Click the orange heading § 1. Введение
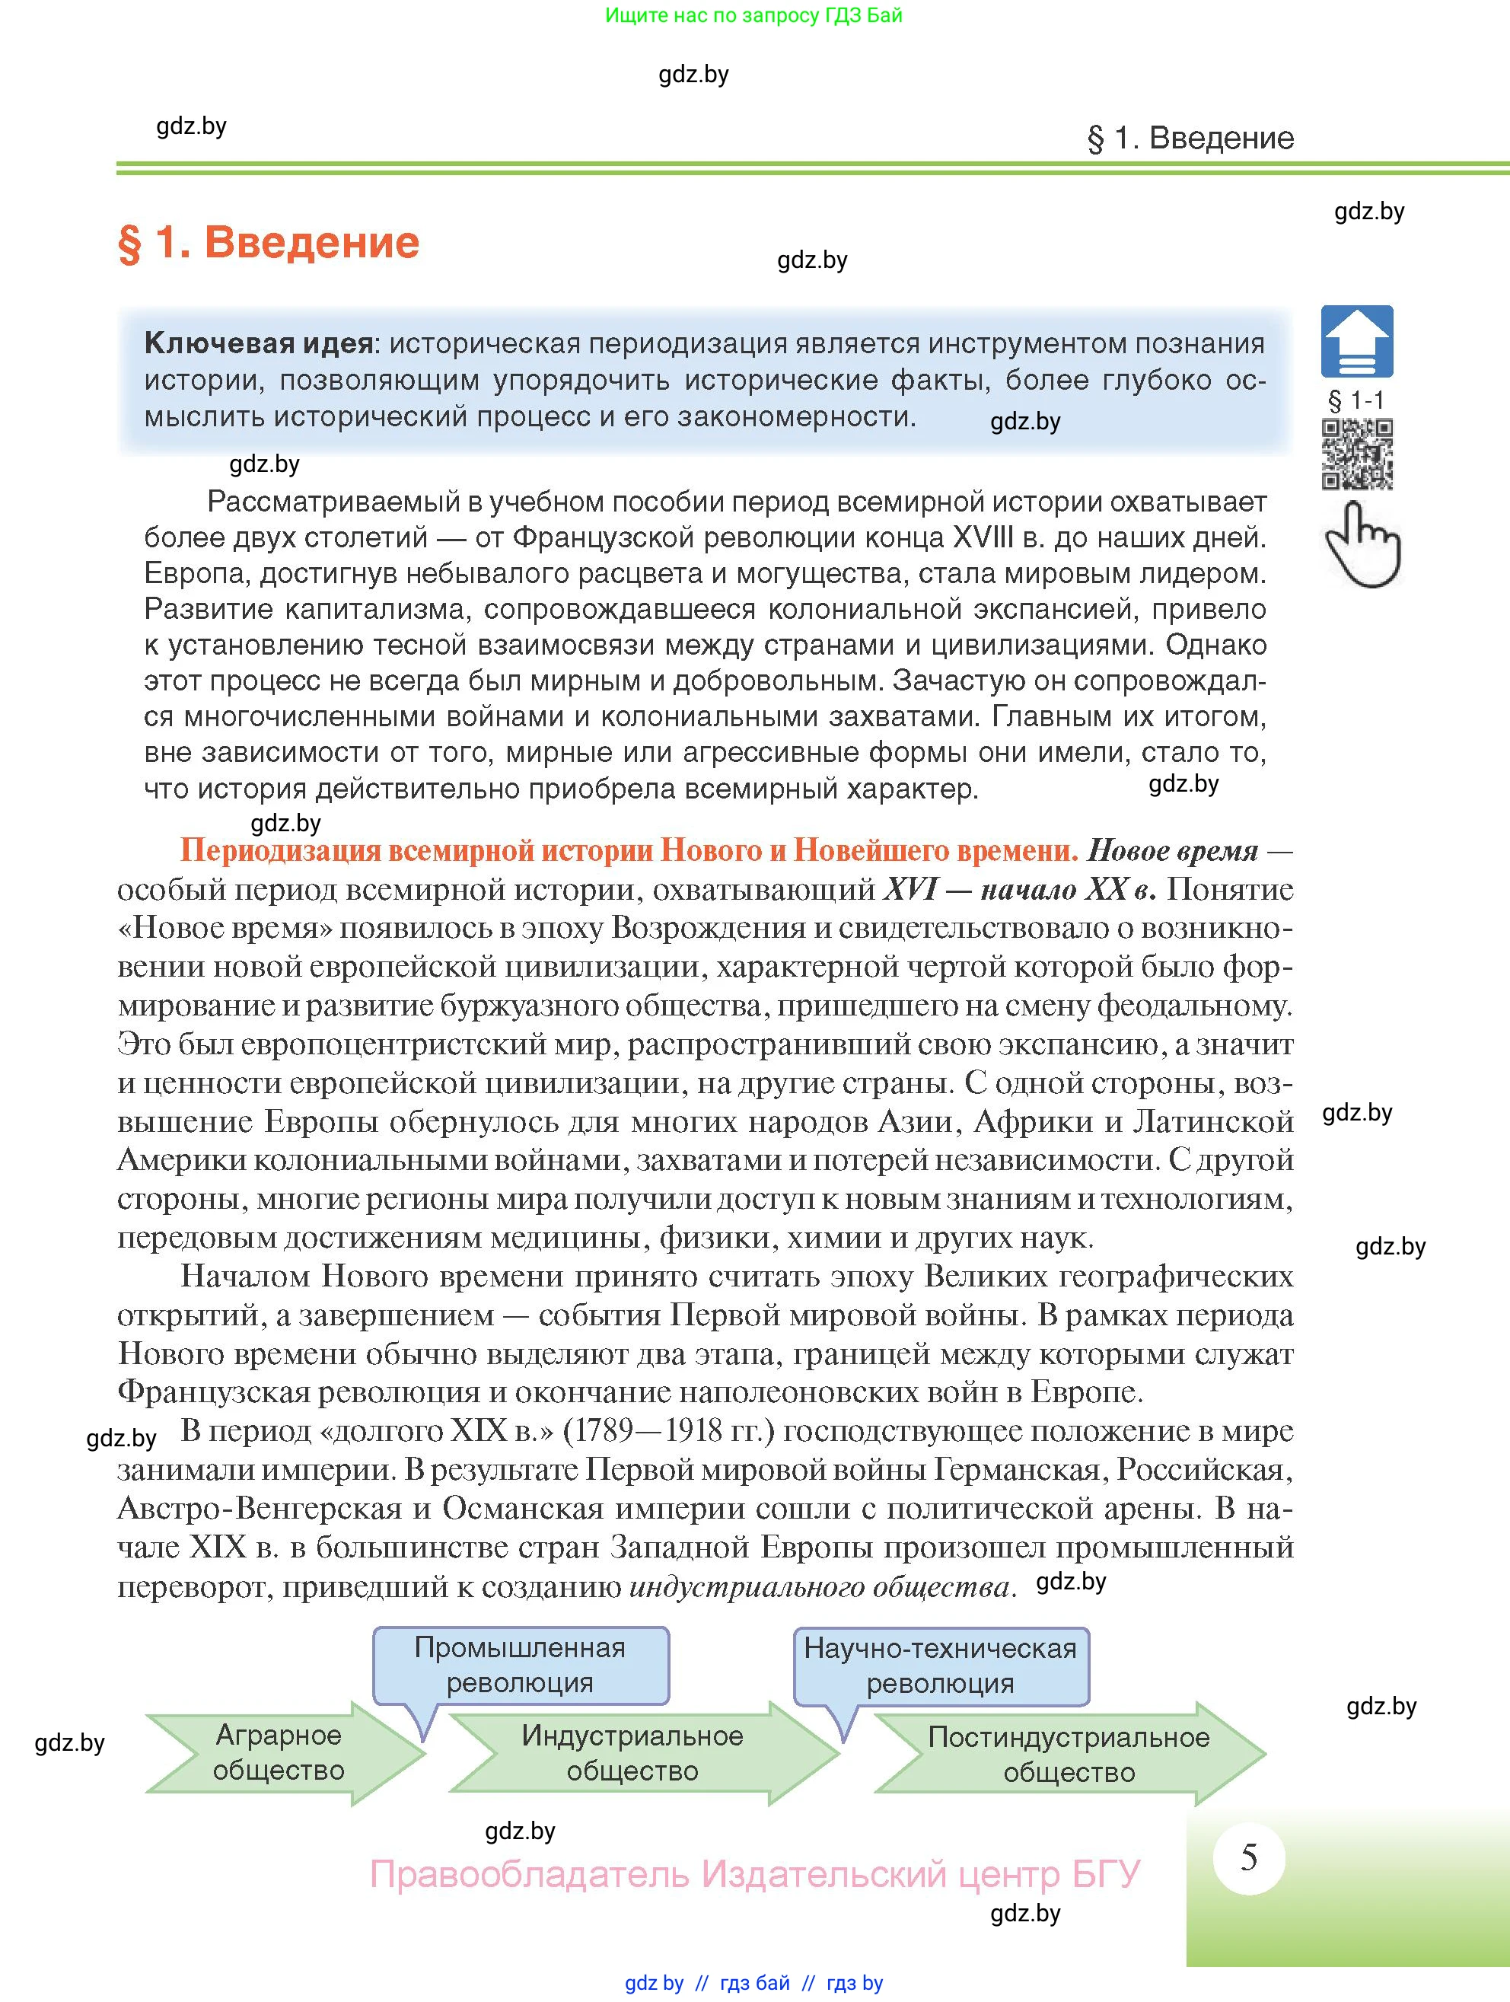click(269, 244)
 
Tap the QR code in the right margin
click(1357, 454)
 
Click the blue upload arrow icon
click(1357, 341)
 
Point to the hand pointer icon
click(1362, 545)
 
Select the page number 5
click(1248, 1857)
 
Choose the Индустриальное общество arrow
click(633, 1754)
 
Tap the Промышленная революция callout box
click(521, 1666)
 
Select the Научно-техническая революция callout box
click(941, 1666)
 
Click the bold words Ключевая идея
click(259, 344)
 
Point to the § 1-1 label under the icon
click(1356, 400)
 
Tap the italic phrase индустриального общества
click(819, 1586)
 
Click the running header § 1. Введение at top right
click(1190, 139)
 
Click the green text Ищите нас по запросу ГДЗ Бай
click(753, 15)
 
